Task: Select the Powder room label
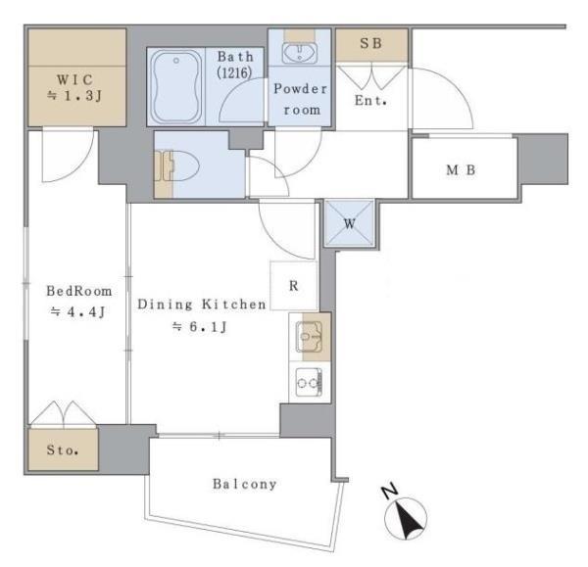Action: [x=301, y=99]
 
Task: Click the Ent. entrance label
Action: [x=371, y=100]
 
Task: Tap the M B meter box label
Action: [x=462, y=169]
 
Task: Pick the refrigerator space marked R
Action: [x=294, y=287]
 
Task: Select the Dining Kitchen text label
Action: [x=201, y=305]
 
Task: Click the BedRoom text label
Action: [x=79, y=291]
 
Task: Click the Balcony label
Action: [x=245, y=484]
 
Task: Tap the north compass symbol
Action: [x=410, y=516]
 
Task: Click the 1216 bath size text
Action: [x=235, y=73]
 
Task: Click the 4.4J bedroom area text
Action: [x=79, y=312]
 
